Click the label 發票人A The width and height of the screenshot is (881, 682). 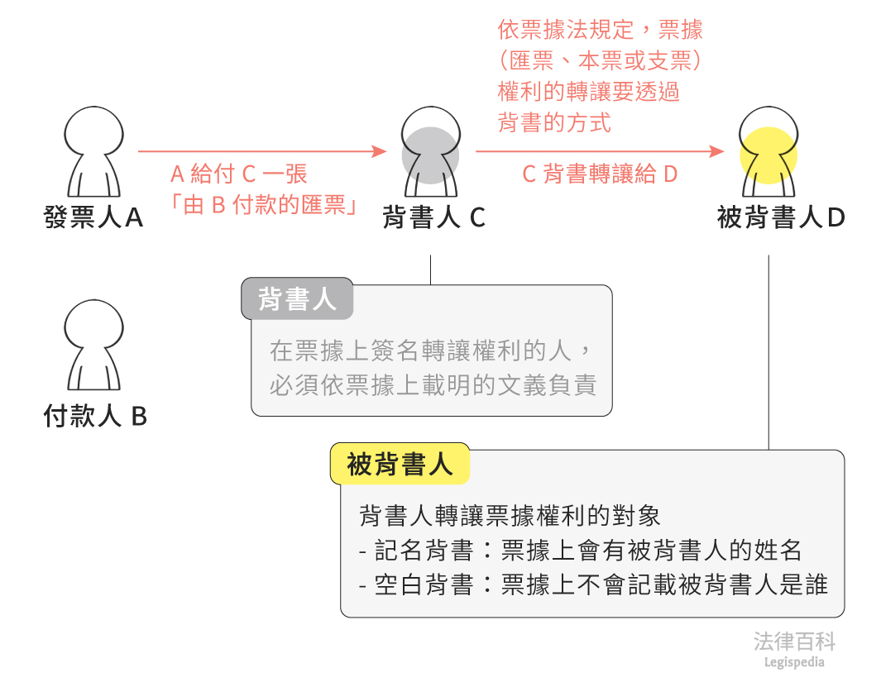tap(93, 217)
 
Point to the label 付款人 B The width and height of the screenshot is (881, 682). tap(95, 416)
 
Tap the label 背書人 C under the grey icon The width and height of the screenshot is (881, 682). tap(433, 217)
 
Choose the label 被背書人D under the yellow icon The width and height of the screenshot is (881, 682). tap(781, 217)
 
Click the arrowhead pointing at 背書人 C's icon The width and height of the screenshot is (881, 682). tap(380, 151)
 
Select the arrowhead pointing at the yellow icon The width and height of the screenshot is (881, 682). tap(718, 151)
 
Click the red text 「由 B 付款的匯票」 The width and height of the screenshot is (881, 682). tap(263, 205)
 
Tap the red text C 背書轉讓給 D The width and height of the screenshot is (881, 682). tap(600, 174)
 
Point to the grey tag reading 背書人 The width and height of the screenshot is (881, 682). tap(297, 299)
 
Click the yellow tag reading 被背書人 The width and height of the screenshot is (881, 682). tap(400, 465)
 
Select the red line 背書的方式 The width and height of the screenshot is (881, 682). tap(554, 123)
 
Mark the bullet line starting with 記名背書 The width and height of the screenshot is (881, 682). tap(581, 550)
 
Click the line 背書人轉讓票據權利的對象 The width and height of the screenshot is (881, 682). tap(510, 515)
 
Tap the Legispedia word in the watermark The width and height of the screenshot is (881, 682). tap(794, 662)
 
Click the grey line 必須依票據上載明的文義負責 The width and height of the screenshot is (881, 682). tap(433, 386)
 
